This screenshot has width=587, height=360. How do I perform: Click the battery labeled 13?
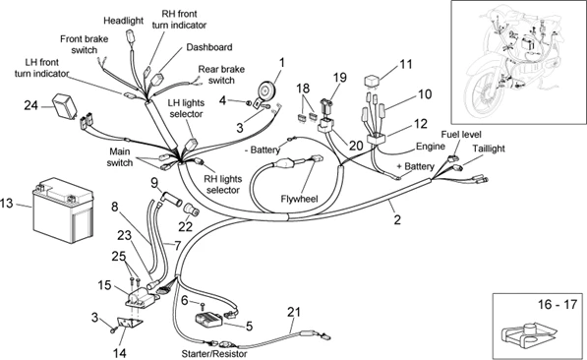point(63,210)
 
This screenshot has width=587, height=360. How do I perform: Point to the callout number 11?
point(405,64)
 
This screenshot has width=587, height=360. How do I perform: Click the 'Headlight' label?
point(123,21)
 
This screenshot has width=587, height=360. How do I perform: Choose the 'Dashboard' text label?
point(209,47)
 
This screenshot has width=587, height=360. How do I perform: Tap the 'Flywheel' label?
point(299,199)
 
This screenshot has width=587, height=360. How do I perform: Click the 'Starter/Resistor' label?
point(214,353)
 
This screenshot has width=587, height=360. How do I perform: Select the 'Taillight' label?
point(489,149)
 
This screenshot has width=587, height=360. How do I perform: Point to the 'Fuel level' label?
point(461,134)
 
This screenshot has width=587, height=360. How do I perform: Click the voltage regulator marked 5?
point(208,321)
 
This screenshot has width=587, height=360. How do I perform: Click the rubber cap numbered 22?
point(192,210)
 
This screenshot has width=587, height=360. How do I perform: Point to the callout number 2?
point(397,219)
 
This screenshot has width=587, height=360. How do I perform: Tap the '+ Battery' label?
point(416,166)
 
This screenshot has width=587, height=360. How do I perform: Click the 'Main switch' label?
point(120,157)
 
